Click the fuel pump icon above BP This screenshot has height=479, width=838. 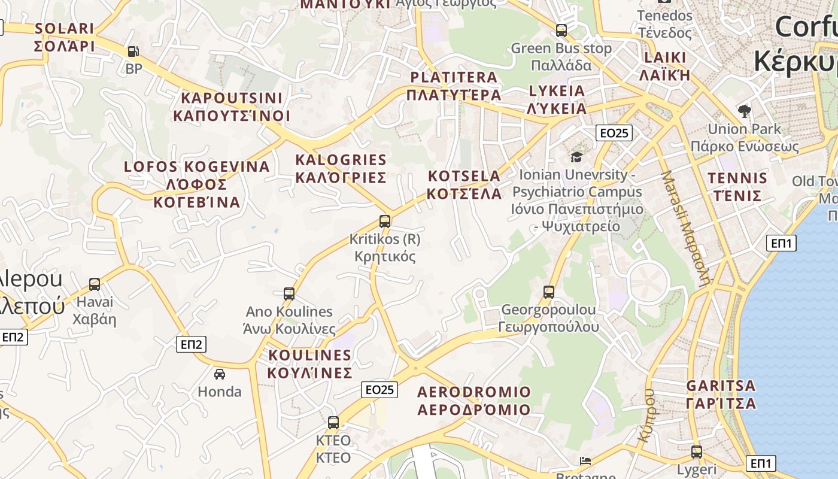tap(133, 51)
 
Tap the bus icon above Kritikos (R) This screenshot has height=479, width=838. tap(385, 221)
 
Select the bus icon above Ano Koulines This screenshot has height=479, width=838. tap(289, 293)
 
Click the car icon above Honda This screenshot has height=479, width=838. tap(220, 374)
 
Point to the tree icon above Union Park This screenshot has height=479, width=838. tap(745, 110)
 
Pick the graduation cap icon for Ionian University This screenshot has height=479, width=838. tap(576, 157)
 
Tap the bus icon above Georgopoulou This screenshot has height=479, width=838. tap(549, 292)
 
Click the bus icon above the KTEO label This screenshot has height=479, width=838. tap(333, 422)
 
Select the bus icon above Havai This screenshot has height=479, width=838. tap(95, 284)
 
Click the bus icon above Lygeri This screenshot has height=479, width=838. tap(697, 451)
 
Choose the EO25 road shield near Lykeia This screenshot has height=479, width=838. tap(614, 132)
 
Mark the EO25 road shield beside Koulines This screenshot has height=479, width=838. tap(379, 390)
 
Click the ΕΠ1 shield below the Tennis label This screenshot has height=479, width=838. tap(781, 242)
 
